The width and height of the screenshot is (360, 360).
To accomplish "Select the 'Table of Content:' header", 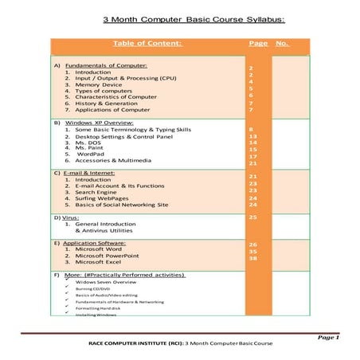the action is (147, 43).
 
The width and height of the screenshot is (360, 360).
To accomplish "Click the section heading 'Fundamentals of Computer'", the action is (106, 65).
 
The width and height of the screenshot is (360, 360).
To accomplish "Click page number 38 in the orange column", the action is (252, 258).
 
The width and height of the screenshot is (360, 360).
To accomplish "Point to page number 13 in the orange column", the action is (252, 136).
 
